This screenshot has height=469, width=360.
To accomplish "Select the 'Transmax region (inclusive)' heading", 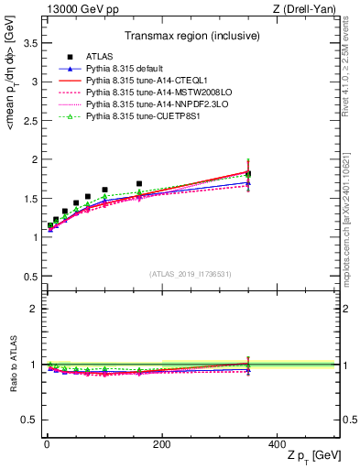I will pyautogui.click(x=191, y=36).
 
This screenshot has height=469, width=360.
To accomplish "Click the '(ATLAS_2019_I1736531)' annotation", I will pyautogui.click(x=191, y=275).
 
